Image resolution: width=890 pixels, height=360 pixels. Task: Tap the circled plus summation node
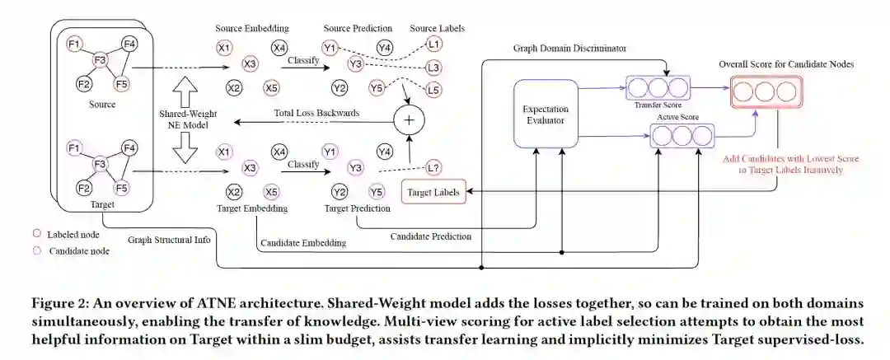pos(410,120)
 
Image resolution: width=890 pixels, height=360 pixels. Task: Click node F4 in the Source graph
pos(129,44)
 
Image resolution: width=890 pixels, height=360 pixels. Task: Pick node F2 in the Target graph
pos(82,188)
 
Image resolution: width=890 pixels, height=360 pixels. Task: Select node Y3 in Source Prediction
pos(356,63)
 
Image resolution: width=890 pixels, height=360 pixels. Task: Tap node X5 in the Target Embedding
pos(272,193)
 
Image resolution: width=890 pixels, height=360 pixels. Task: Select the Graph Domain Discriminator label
pos(569,49)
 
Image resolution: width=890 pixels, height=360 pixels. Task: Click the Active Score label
pos(677,118)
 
